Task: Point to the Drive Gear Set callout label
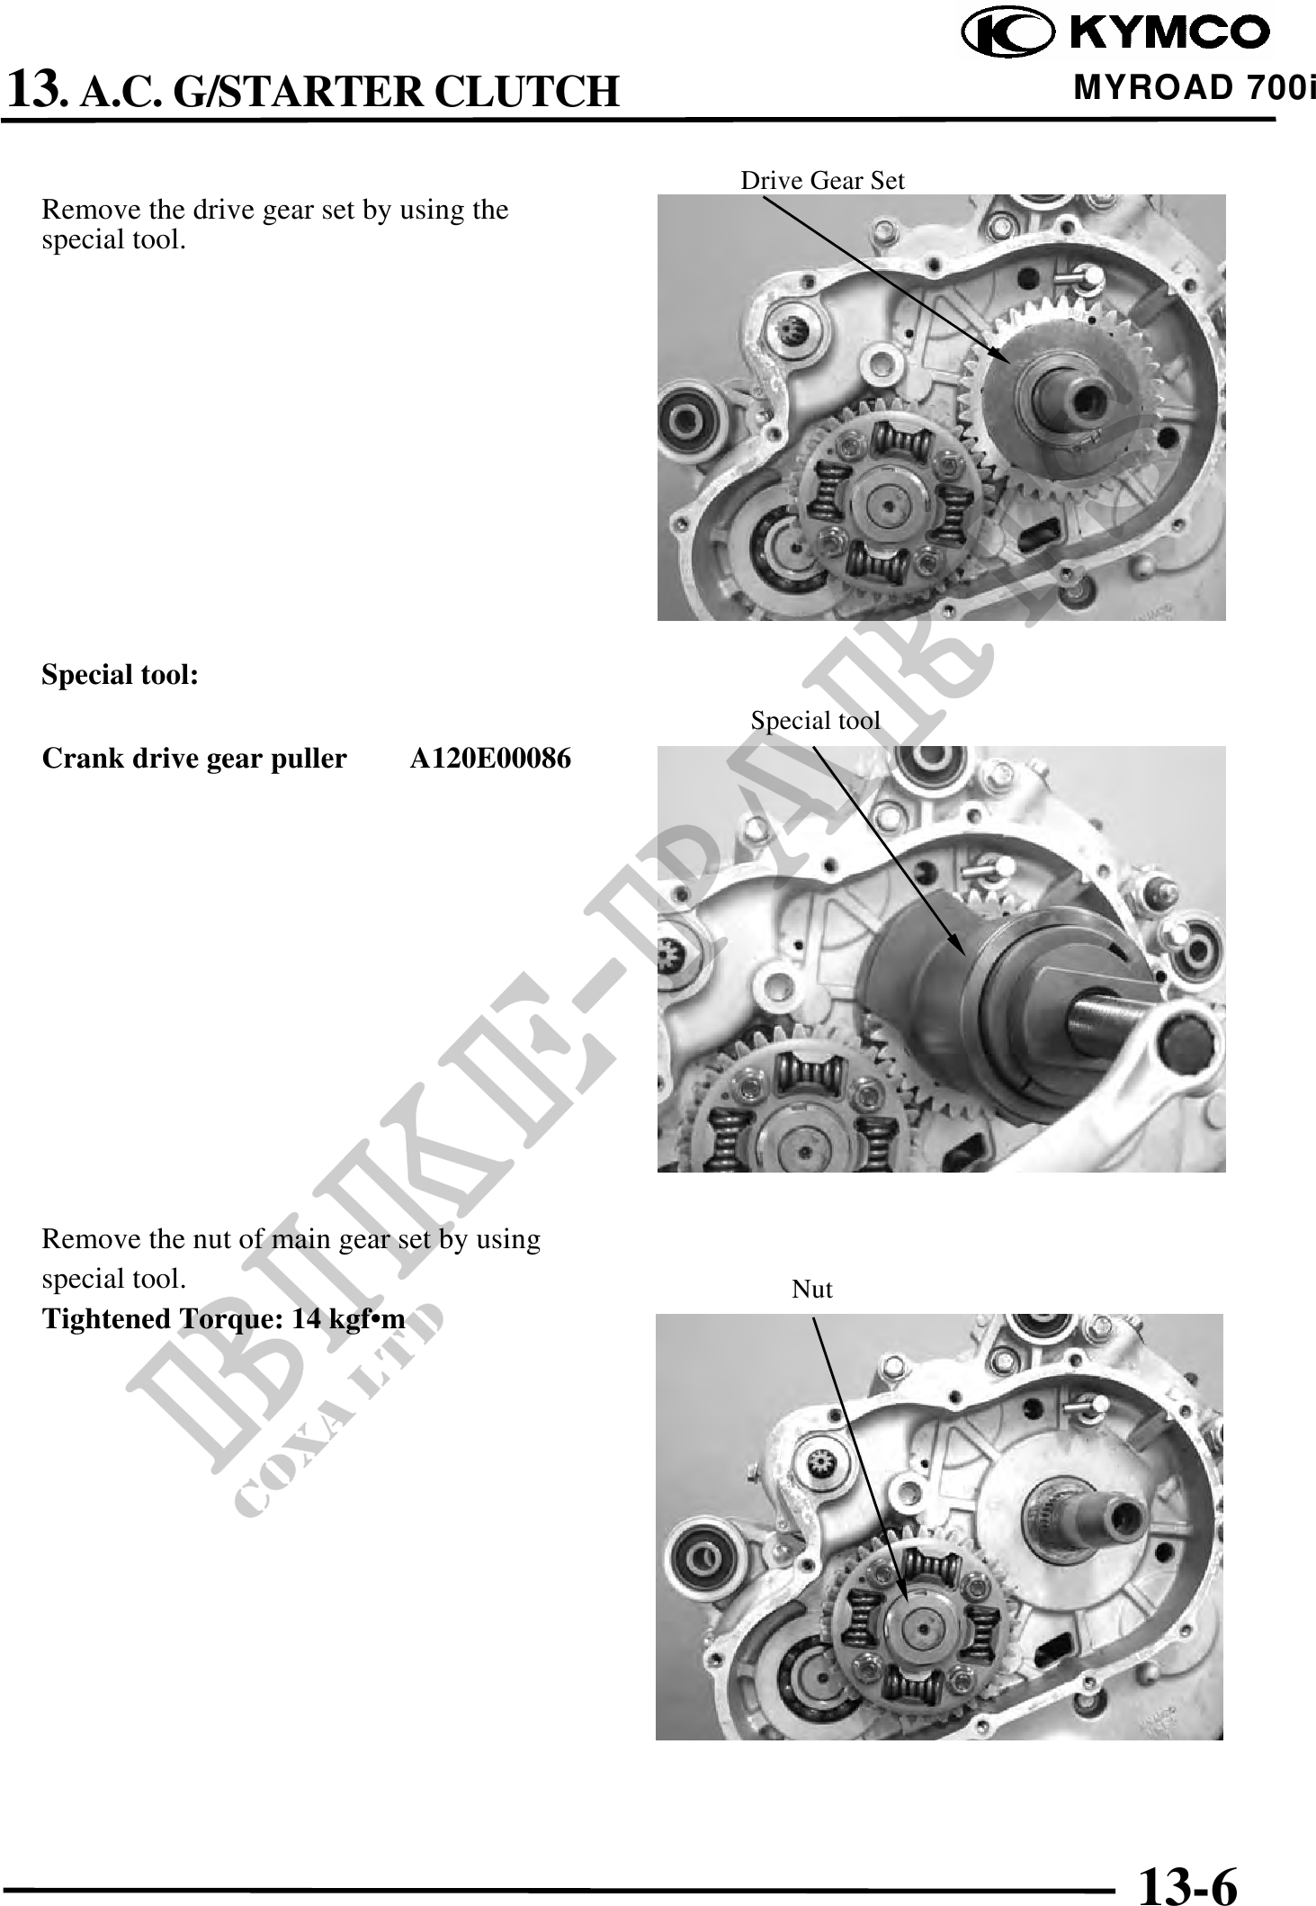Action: (822, 180)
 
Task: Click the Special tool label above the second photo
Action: (815, 720)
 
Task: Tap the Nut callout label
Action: (811, 1289)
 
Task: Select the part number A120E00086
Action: (490, 759)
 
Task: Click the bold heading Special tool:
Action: (121, 675)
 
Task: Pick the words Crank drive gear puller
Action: (194, 760)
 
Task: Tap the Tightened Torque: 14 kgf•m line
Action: (224, 1319)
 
